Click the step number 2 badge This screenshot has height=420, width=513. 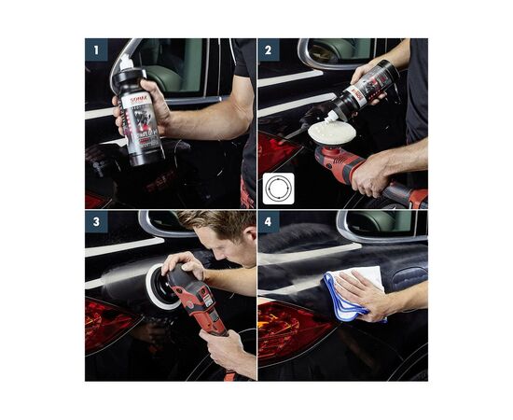269,49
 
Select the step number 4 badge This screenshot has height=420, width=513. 269,221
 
